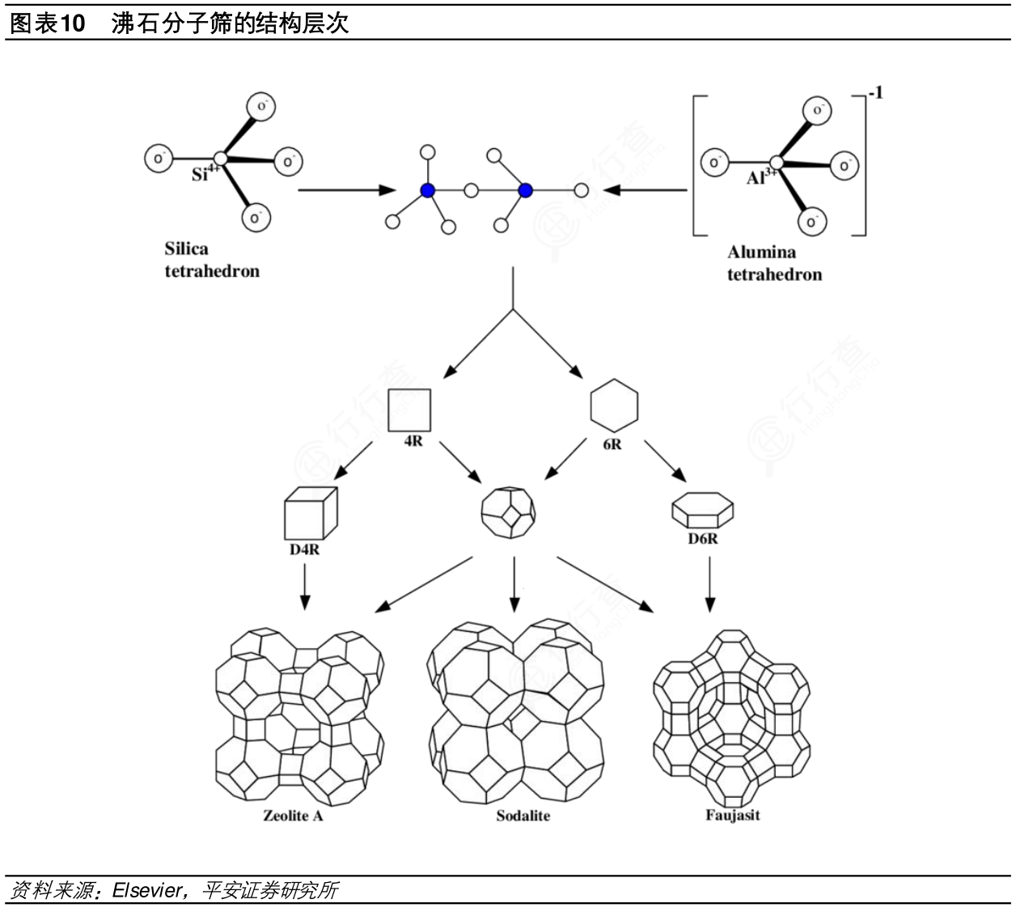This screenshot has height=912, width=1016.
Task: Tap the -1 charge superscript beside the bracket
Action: click(875, 93)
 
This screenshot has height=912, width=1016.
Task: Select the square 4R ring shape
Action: click(409, 410)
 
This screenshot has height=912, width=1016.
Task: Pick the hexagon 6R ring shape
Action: click(614, 405)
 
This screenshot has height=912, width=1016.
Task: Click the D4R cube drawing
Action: click(310, 514)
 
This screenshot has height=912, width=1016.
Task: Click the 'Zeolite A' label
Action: click(293, 816)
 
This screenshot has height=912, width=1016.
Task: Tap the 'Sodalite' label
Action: click(523, 816)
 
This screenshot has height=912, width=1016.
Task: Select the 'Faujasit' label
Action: click(733, 814)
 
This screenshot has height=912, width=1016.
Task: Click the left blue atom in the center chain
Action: click(428, 191)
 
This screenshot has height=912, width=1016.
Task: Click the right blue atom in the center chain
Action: click(526, 191)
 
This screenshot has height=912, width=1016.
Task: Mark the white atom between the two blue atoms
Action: click(472, 191)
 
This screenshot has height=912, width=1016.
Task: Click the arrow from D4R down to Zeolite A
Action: click(305, 586)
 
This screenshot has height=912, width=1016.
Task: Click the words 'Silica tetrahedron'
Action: click(212, 260)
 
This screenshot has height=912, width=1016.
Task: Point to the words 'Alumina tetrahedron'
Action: click(773, 263)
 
